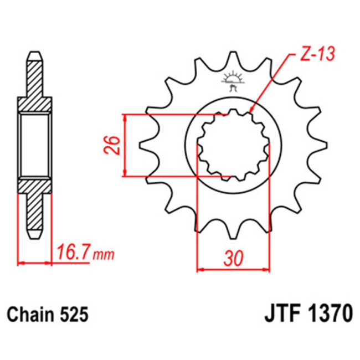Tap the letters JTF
[280, 315]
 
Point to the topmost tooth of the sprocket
[233, 59]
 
